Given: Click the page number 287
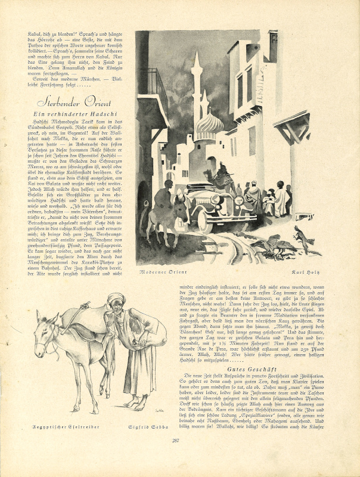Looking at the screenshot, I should (x=176, y=457).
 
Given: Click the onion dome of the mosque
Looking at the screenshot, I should (x=209, y=125).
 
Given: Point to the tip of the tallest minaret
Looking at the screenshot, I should (x=197, y=52).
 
